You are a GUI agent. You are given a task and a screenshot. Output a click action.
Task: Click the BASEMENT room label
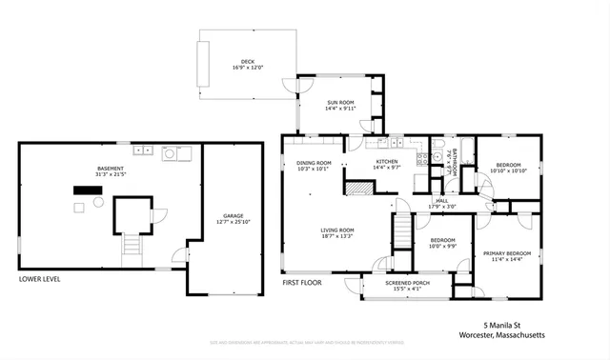click(x=110, y=168)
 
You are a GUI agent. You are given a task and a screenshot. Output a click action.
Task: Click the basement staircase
click(x=130, y=250)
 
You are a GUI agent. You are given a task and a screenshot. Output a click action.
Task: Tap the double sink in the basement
click(x=144, y=150)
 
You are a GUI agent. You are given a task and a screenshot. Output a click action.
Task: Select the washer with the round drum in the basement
click(x=171, y=151)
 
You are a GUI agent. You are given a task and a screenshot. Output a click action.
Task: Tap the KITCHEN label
click(x=386, y=162)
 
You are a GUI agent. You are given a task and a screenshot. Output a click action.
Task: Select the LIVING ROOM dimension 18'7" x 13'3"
click(x=336, y=236)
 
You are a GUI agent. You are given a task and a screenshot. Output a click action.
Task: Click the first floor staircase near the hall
click(x=403, y=230)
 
